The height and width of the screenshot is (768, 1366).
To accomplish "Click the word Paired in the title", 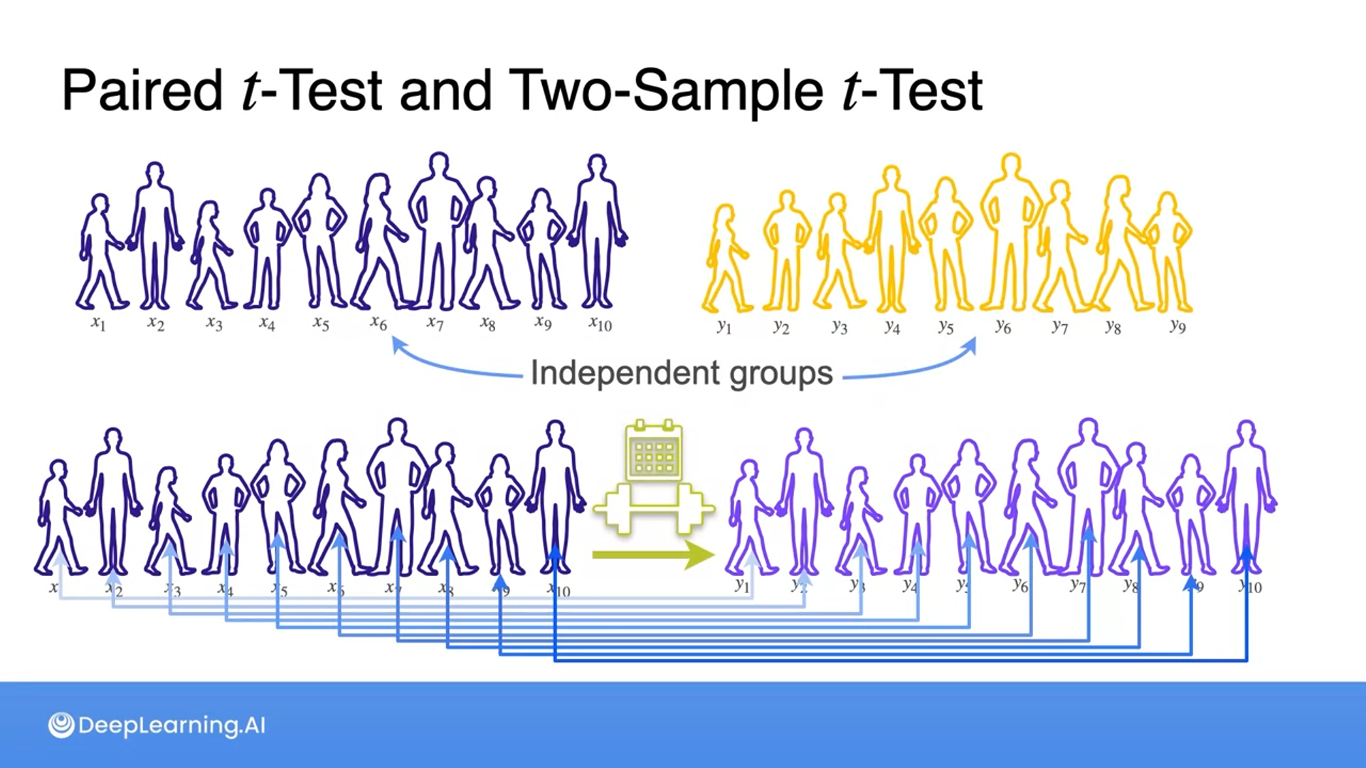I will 142,91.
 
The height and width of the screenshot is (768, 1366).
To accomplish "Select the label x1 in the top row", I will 98,324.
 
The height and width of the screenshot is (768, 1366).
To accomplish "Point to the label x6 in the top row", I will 378,324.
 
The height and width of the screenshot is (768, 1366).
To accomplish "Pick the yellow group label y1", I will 724,326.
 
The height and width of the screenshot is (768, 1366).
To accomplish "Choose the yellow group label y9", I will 1177,326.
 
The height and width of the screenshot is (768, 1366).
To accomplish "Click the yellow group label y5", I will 945,326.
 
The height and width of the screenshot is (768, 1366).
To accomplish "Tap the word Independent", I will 625,373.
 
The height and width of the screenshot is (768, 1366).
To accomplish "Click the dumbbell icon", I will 653,508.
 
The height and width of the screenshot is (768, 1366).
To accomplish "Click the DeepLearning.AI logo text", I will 171,725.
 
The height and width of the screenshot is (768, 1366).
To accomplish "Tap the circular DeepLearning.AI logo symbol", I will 61,725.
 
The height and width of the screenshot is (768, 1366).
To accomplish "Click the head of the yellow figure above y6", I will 1010,164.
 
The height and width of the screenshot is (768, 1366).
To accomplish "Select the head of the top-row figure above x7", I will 439,163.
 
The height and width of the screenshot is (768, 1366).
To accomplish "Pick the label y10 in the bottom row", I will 1250,586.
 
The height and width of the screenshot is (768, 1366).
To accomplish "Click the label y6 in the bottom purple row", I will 1020,585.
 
